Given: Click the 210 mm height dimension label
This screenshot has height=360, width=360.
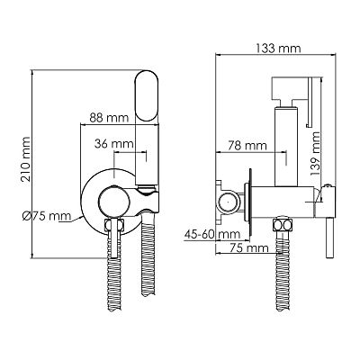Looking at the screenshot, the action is [x=25, y=159].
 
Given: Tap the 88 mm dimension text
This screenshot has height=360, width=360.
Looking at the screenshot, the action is [x=109, y=118].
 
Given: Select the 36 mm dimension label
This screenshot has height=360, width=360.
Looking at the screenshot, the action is [x=113, y=144].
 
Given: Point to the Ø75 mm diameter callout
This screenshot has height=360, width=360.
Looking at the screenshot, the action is [x=47, y=216].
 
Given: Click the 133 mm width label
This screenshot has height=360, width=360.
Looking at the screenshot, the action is [x=278, y=49].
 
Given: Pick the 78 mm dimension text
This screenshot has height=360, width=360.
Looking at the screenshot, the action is [x=247, y=146].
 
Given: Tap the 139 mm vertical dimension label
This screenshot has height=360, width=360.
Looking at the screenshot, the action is [x=315, y=154].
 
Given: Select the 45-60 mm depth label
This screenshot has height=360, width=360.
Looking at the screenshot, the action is [x=212, y=234].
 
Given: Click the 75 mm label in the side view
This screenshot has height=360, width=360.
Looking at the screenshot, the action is [x=248, y=248].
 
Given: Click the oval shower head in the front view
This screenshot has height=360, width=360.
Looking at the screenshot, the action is [x=147, y=95].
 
